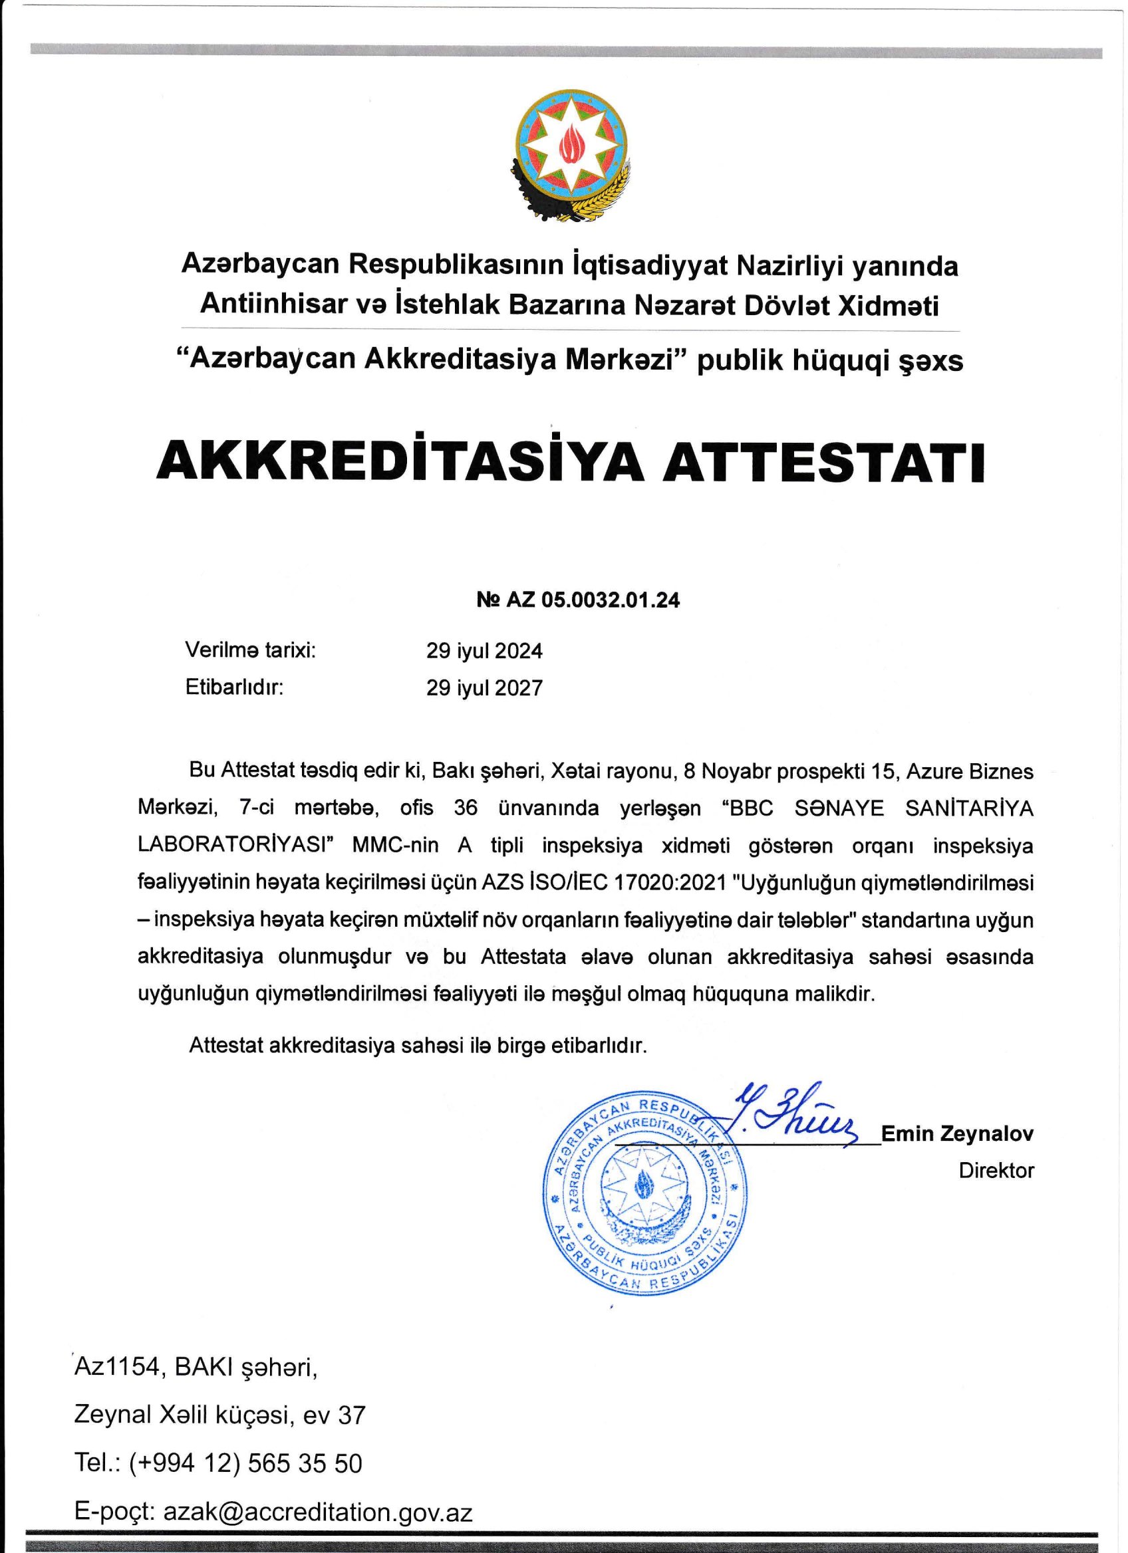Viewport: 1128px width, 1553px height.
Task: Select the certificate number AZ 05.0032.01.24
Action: click(593, 600)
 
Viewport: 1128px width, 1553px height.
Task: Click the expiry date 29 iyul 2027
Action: click(484, 687)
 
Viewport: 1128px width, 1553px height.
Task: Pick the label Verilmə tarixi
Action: click(251, 650)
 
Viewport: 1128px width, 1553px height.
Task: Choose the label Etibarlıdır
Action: click(234, 687)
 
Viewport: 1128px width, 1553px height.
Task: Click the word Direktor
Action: click(996, 1170)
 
